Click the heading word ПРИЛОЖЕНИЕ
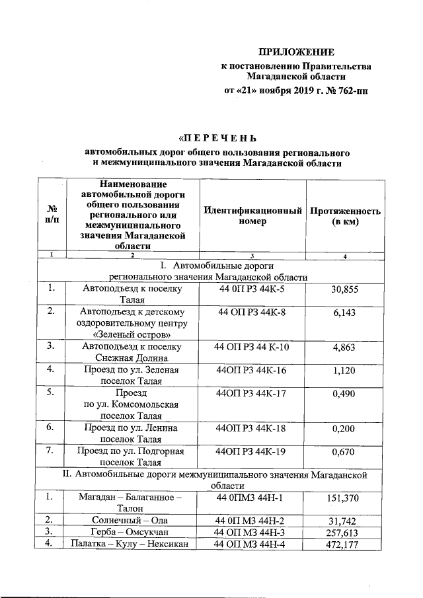coord(296,52)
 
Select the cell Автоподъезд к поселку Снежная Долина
coord(132,352)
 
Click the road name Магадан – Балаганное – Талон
coord(132,502)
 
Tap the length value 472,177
coord(345,544)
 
